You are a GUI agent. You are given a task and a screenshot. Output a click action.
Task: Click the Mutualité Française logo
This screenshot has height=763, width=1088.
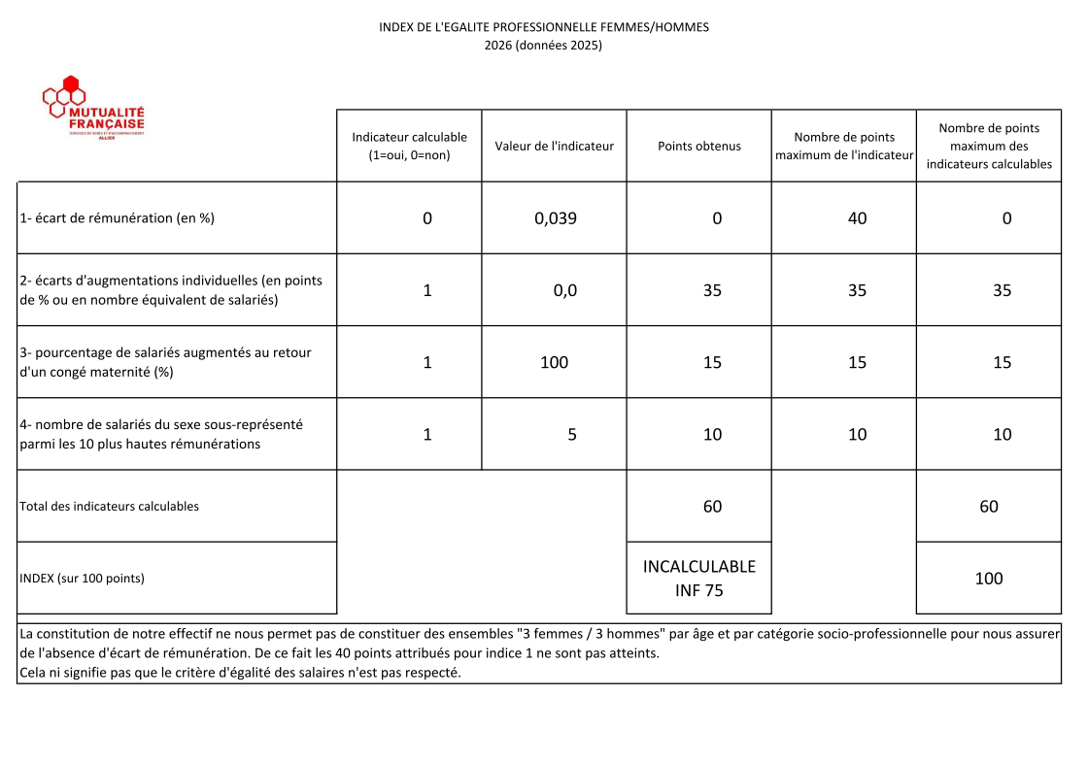(x=93, y=109)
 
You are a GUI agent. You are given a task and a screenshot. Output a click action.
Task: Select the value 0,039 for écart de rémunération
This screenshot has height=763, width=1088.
(x=556, y=218)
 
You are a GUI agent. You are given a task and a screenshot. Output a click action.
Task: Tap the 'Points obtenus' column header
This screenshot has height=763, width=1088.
(x=699, y=147)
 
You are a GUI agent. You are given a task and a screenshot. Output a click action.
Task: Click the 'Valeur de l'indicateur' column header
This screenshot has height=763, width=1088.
(x=555, y=147)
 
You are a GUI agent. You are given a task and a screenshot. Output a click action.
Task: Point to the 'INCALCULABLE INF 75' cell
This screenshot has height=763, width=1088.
(x=699, y=579)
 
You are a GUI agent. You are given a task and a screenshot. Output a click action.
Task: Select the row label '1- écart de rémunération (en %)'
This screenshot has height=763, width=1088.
(x=118, y=218)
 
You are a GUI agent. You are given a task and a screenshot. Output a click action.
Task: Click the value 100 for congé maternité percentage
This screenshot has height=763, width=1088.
(x=555, y=362)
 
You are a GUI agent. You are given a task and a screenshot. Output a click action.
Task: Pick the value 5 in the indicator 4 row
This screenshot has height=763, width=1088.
(x=572, y=435)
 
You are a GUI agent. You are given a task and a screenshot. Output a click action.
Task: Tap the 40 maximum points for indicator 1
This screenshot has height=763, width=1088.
(x=857, y=218)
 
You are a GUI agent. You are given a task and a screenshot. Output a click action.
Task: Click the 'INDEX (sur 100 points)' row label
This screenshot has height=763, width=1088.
(x=83, y=579)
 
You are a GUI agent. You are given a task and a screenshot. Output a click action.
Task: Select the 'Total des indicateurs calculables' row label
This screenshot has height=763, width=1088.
(x=110, y=506)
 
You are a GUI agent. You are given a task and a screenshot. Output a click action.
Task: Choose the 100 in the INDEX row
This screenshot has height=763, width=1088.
(x=989, y=579)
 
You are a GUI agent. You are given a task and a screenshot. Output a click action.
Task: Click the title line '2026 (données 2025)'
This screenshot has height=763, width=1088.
(x=544, y=45)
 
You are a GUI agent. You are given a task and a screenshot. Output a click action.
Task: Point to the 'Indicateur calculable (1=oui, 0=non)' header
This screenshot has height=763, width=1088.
(x=409, y=147)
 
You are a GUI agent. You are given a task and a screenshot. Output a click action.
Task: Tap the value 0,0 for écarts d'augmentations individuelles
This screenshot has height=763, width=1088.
(x=565, y=290)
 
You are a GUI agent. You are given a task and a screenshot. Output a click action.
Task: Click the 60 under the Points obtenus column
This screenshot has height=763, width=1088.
(x=712, y=506)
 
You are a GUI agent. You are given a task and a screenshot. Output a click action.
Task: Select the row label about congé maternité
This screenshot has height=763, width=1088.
(x=166, y=362)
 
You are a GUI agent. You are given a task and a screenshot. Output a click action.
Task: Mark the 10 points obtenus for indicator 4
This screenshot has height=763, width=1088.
(x=712, y=435)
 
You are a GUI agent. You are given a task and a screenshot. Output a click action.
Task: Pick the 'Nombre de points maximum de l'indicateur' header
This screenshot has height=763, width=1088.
(x=844, y=147)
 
